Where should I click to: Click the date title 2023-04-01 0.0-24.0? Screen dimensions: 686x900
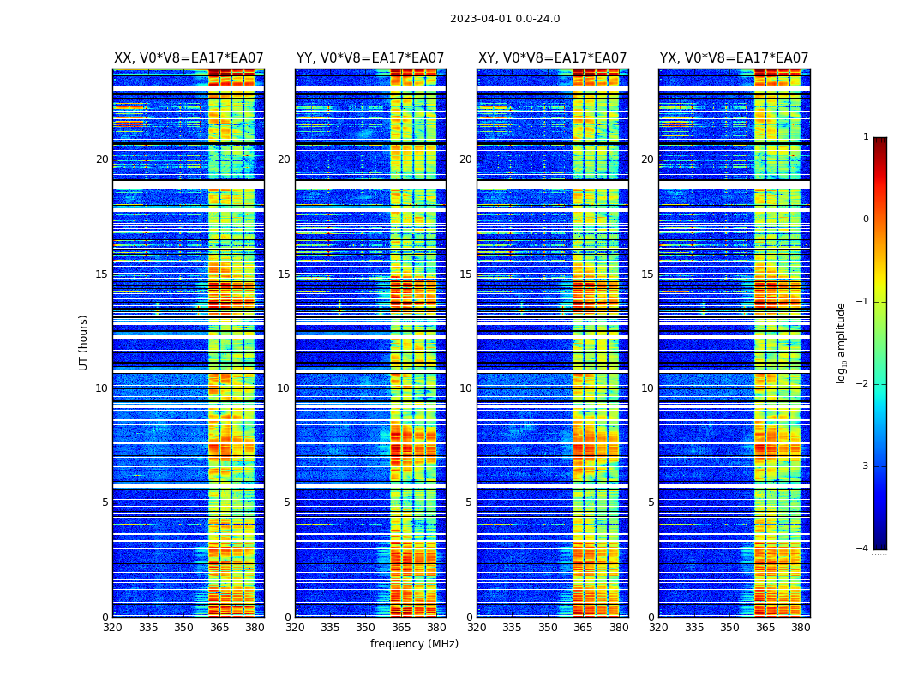(x=505, y=19)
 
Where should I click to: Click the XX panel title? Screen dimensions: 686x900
(x=189, y=58)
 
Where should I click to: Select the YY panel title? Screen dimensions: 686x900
(x=370, y=58)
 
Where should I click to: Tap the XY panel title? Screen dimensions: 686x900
(x=552, y=58)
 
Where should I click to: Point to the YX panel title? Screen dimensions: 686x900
(x=734, y=58)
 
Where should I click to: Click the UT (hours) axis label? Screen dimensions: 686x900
(x=84, y=342)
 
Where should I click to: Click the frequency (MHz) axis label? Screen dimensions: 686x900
(x=414, y=644)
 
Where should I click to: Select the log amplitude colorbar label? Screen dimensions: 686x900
(x=842, y=342)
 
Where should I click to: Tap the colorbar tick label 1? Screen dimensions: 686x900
(x=866, y=137)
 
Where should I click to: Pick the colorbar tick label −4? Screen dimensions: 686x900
(x=864, y=549)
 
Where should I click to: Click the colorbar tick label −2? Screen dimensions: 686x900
(x=864, y=384)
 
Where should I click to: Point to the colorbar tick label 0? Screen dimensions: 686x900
(x=866, y=220)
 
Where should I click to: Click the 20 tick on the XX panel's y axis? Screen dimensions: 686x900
(x=102, y=159)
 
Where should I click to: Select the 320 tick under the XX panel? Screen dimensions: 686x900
(x=112, y=628)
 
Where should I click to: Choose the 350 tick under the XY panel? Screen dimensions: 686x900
(x=548, y=628)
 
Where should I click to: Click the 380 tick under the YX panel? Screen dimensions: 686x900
(x=801, y=628)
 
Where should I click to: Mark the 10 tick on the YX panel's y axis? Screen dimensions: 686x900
(x=648, y=388)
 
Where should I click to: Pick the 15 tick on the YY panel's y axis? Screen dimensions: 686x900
(x=284, y=274)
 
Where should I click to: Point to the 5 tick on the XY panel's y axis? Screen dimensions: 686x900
(x=469, y=502)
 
